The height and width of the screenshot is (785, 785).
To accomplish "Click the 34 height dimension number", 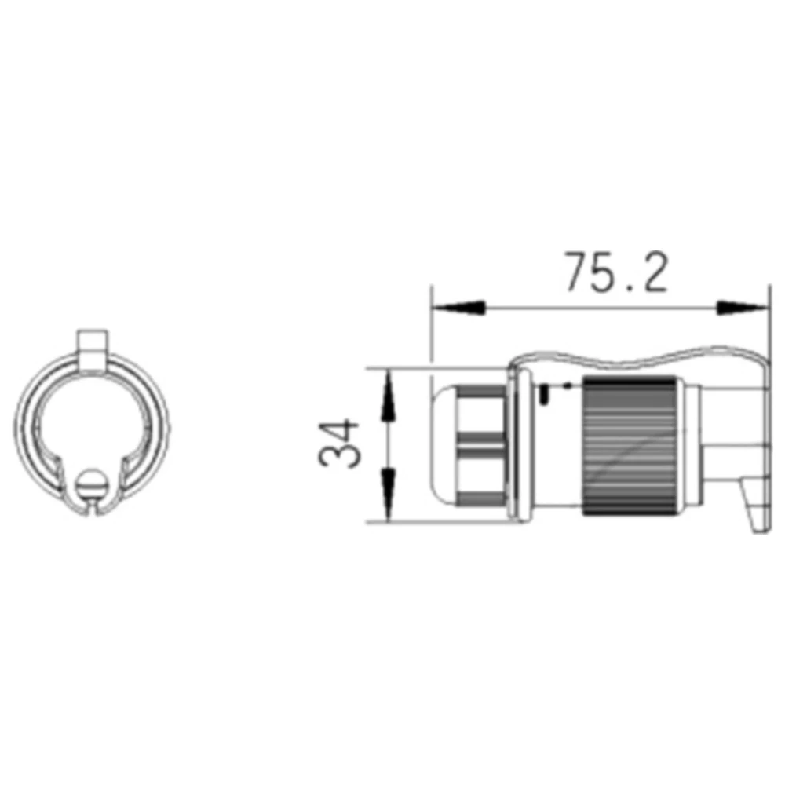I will (340, 444).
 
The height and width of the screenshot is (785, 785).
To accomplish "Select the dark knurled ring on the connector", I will (629, 447).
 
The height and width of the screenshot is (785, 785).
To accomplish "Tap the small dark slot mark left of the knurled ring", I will (543, 395).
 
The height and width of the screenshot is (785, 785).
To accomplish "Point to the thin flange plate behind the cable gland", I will (513, 447).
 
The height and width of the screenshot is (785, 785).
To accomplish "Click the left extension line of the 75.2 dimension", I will (432, 330).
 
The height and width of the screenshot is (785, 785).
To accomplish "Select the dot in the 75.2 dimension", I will (619, 288).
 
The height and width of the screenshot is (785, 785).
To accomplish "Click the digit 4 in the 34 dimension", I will (340, 431).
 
